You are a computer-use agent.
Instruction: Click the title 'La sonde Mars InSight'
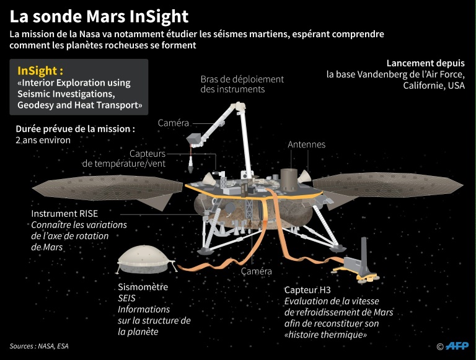point(99,15)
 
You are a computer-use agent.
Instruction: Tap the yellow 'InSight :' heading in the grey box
point(40,70)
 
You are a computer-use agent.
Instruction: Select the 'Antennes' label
point(306,144)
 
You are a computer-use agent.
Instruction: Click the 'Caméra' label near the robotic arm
point(173,123)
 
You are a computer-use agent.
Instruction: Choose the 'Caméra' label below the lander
point(256,271)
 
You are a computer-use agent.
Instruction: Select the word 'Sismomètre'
point(143,287)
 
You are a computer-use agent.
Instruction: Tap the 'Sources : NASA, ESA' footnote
point(39,346)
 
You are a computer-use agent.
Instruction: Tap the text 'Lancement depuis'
point(425,63)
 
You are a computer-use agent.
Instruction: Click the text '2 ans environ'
point(43,140)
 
